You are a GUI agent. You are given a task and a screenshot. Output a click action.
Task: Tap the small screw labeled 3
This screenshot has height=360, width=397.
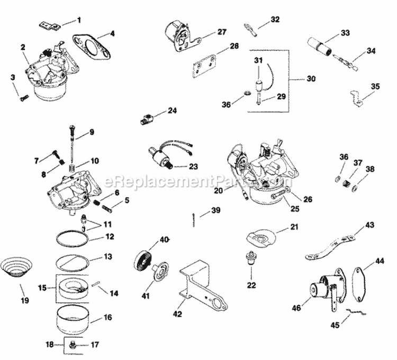[22, 97]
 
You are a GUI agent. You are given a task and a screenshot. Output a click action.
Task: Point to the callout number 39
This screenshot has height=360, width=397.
[215, 211]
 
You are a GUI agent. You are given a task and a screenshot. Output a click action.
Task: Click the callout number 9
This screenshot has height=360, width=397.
[91, 132]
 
